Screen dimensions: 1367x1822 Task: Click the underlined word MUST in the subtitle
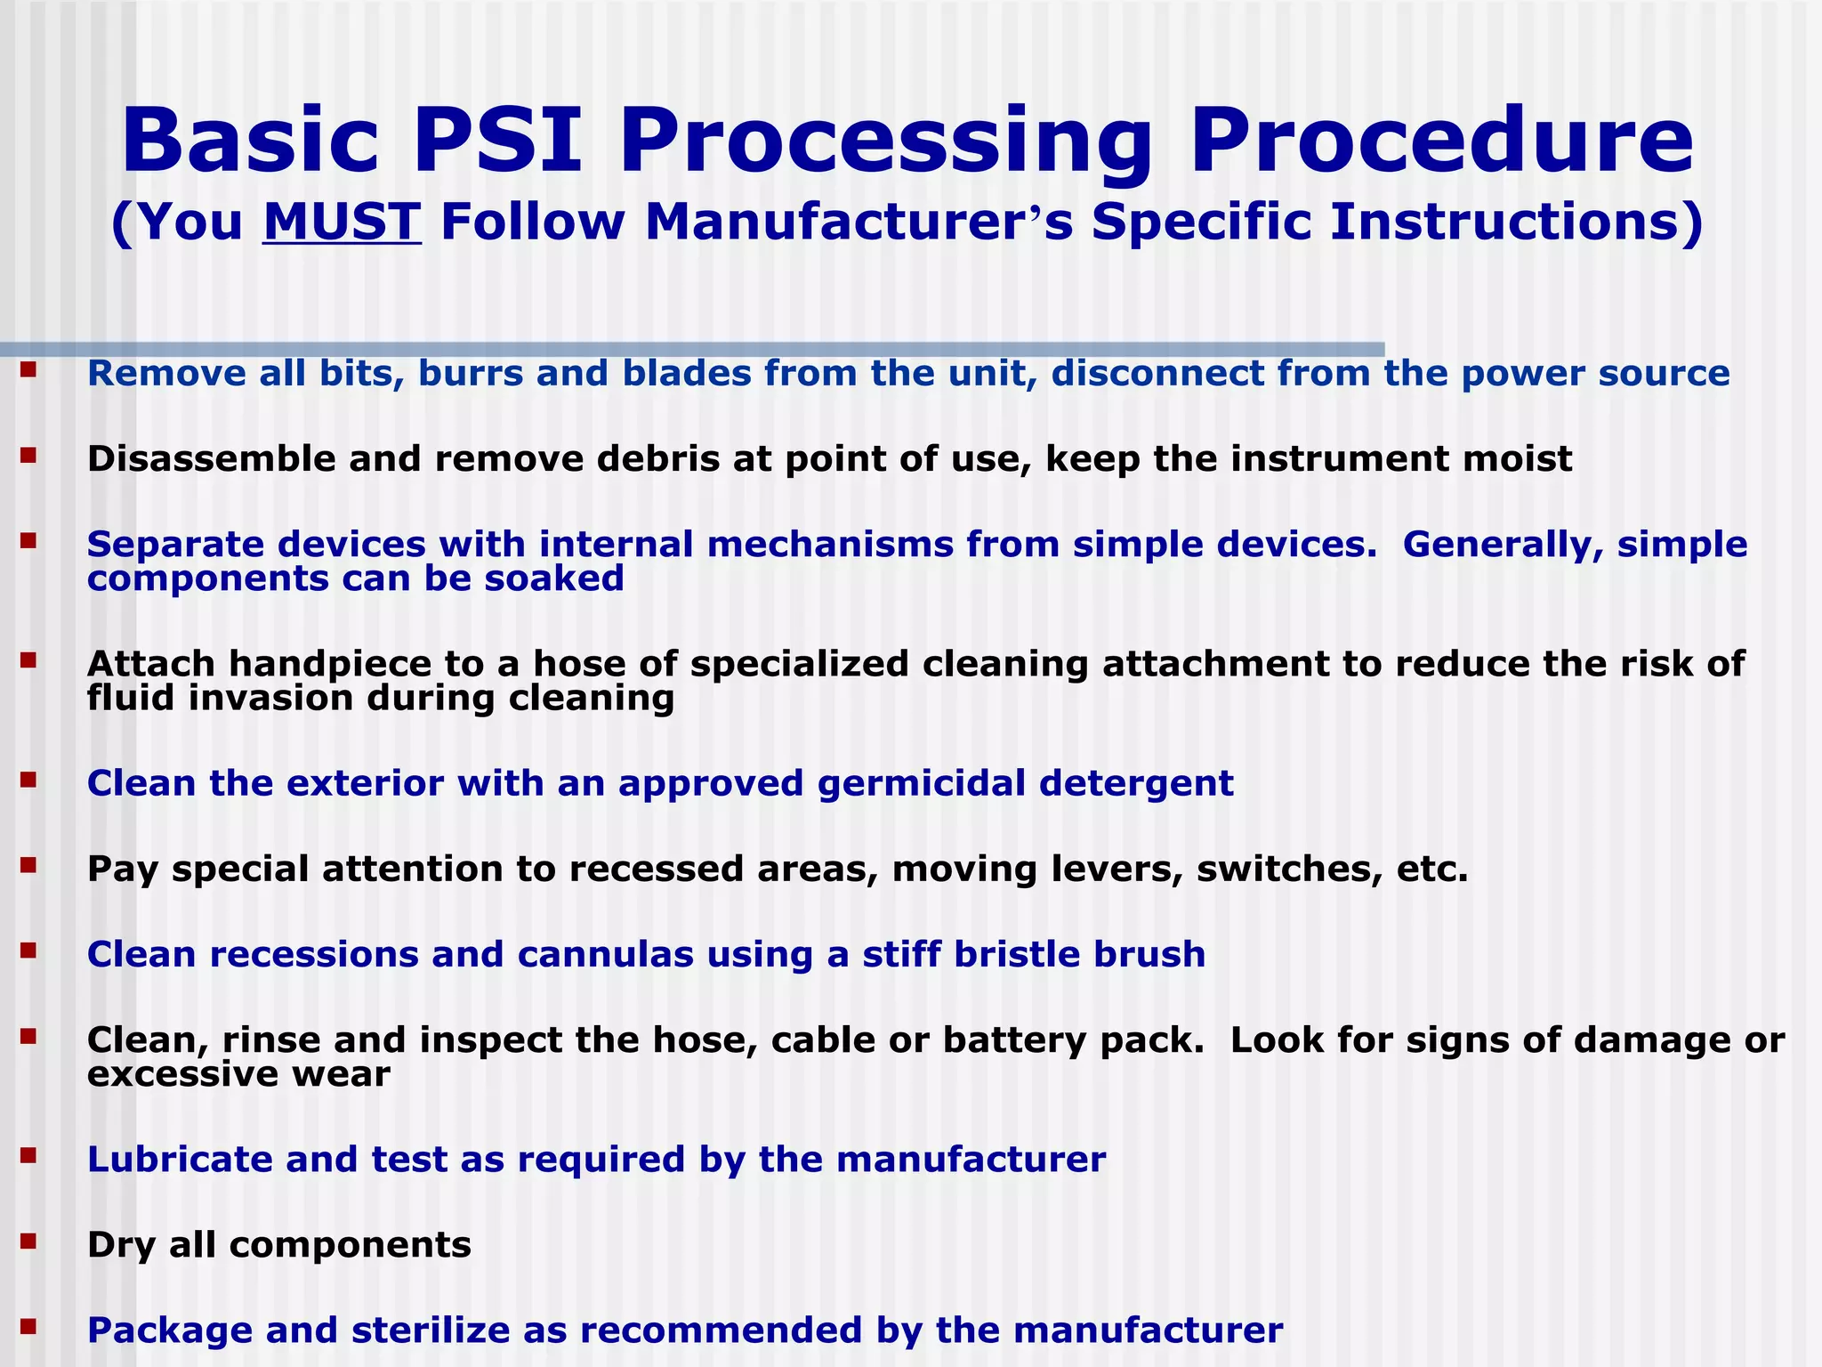click(x=342, y=222)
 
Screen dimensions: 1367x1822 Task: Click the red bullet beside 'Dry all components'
click(x=28, y=1239)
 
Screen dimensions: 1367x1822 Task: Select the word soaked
click(x=554, y=578)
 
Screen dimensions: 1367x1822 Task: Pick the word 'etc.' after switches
click(x=1432, y=869)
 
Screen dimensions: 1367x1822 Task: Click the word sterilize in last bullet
click(x=430, y=1330)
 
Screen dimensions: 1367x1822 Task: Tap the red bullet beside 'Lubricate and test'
click(x=28, y=1153)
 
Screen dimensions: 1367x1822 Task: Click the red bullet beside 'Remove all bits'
click(x=28, y=368)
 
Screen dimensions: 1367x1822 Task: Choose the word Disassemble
click(x=211, y=458)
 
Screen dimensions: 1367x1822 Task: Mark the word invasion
click(x=270, y=698)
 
